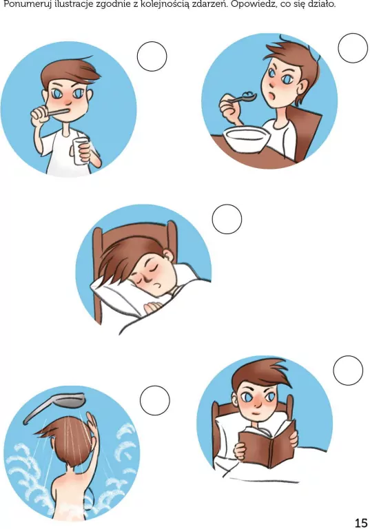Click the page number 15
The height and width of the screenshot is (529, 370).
[360, 523]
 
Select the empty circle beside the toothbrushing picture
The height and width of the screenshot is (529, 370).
[152, 56]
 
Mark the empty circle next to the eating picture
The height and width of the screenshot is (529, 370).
[353, 48]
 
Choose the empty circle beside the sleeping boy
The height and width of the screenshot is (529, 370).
[227, 219]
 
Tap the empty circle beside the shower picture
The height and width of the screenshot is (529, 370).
[154, 400]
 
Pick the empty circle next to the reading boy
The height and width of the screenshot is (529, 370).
[348, 370]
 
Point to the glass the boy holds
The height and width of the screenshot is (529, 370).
[81, 151]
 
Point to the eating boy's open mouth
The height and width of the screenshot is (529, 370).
[273, 95]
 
